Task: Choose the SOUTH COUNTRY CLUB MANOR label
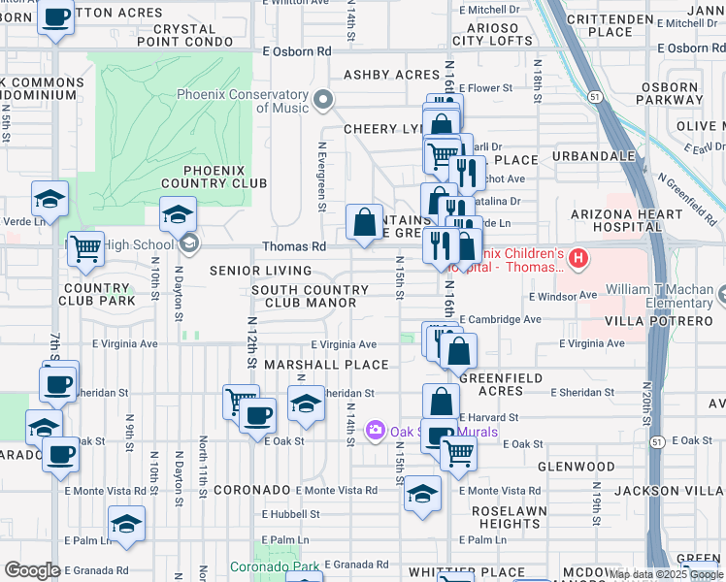(310, 296)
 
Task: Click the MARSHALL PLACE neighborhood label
(332, 365)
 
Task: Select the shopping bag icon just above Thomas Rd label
(364, 222)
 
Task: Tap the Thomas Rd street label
(288, 247)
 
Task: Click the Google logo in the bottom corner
(32, 570)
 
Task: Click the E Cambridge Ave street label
(500, 319)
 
